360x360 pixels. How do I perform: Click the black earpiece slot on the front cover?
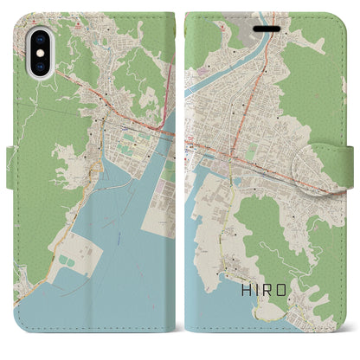(264, 25)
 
